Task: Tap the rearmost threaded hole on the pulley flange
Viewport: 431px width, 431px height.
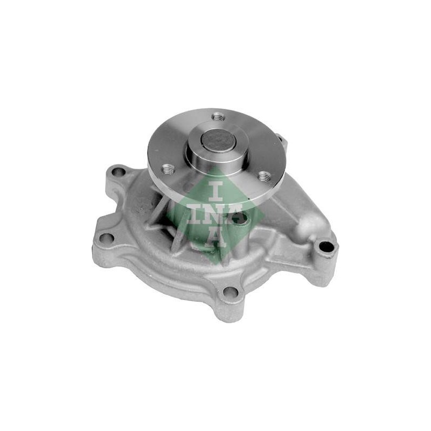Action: coord(219,117)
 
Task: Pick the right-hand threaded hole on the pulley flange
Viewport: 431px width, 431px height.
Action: coord(263,176)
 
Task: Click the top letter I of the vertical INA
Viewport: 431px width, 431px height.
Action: coord(216,191)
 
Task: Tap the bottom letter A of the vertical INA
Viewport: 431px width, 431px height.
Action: coord(216,237)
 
